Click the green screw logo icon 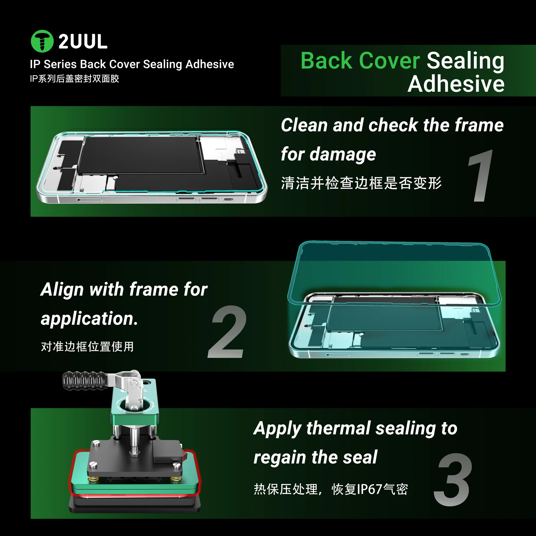point(42,41)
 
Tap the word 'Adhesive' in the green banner point(456,84)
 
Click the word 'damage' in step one point(343,154)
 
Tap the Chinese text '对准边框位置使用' point(87,347)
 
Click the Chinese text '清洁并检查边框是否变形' point(361,183)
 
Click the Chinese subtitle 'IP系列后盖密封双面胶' point(74,79)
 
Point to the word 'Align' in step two point(62,290)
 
